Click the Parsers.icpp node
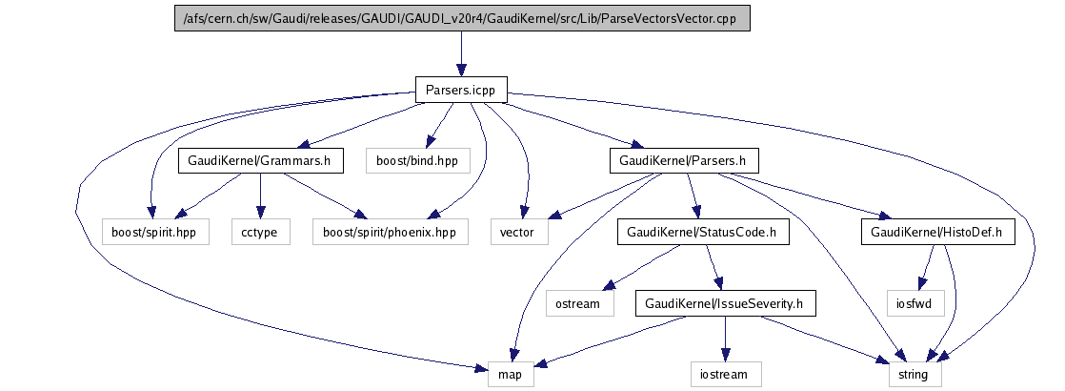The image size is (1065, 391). pos(461,90)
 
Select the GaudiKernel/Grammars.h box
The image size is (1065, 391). pos(261,161)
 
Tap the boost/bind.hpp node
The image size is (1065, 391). pos(418,161)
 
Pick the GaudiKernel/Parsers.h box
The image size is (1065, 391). pos(684,161)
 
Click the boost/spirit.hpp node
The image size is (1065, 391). pos(155,232)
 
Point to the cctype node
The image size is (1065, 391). pos(261,232)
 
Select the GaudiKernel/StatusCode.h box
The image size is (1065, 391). pos(703,232)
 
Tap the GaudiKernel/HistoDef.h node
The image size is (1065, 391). pos(938,232)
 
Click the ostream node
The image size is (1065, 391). pos(579,302)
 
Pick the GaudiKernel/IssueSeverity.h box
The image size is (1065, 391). pos(725,302)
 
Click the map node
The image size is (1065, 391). pos(511,374)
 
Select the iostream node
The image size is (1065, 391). pos(725,374)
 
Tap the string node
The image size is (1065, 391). pos(915,374)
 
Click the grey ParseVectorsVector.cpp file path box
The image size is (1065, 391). pos(462,18)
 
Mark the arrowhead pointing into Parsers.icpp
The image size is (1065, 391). pos(461,71)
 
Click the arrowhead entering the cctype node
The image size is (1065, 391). pos(260,214)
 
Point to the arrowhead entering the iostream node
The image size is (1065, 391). pos(725,356)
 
